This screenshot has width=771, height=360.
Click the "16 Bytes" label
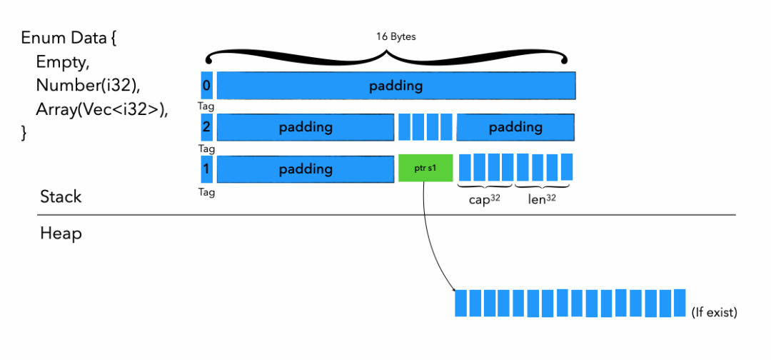395,37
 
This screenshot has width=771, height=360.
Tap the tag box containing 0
206,86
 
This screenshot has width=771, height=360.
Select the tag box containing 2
206,127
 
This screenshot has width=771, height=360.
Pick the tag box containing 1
206,169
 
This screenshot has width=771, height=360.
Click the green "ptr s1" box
425,168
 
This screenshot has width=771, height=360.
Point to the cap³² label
484,201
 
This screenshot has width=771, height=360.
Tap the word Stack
61,197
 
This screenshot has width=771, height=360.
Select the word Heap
61,233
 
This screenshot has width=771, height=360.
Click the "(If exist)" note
714,313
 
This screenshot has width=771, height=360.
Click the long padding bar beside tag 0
396,86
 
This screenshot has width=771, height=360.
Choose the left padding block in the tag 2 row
306,127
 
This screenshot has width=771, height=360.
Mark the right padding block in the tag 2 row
515,127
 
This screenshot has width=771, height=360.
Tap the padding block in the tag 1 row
306,169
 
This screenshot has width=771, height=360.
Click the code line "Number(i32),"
88,86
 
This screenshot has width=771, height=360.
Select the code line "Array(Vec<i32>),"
102,110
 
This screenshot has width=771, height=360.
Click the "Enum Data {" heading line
69,39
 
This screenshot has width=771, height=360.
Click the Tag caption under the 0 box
206,106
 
